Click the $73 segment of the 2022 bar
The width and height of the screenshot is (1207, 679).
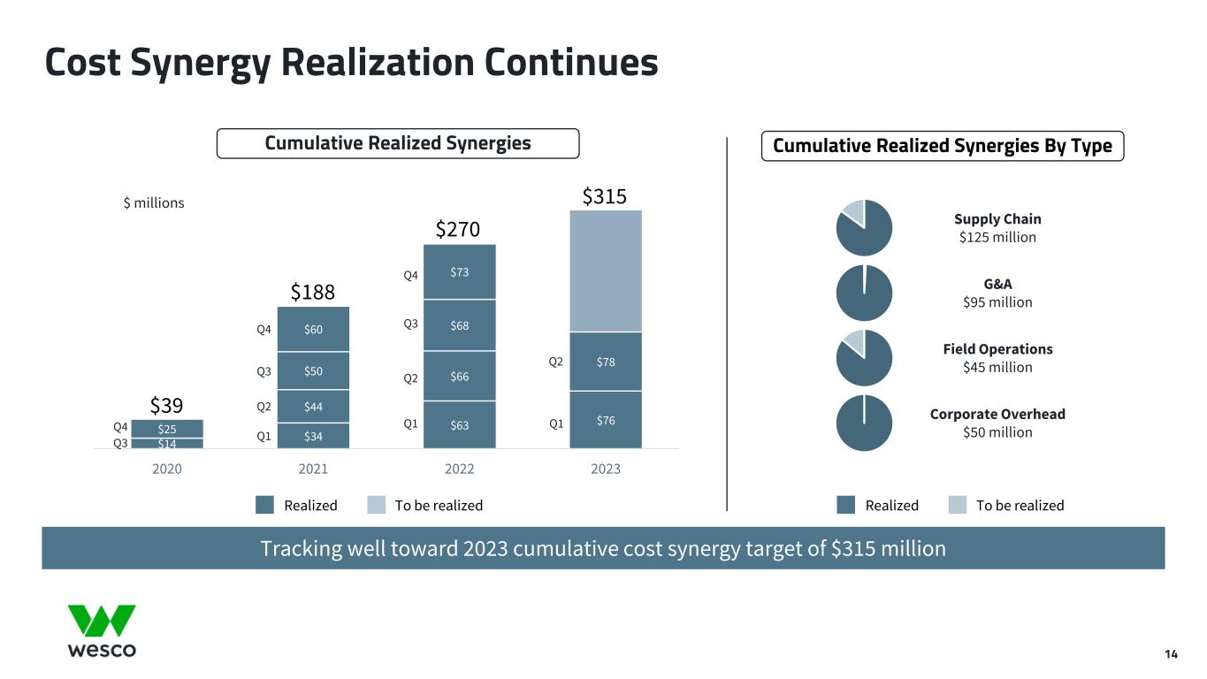(x=459, y=271)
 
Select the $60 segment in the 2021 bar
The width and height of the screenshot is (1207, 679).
(x=313, y=330)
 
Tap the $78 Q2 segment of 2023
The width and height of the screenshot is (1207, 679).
(x=606, y=361)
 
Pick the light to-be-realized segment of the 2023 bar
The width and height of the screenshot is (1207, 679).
(x=606, y=271)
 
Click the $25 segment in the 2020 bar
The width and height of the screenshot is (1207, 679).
(x=167, y=429)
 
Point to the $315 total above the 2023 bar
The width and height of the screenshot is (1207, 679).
(x=605, y=196)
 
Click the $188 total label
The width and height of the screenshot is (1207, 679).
(x=313, y=292)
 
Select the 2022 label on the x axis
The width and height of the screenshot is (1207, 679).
(x=459, y=469)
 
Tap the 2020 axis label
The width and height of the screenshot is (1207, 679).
(x=167, y=469)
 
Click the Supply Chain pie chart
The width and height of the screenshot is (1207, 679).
(x=864, y=228)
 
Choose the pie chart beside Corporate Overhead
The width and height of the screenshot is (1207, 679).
(x=864, y=423)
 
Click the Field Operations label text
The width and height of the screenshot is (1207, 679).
(x=997, y=349)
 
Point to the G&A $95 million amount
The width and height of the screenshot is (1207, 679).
(x=997, y=302)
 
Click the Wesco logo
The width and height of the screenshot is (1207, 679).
(x=103, y=630)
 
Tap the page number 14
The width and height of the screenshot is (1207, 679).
(x=1171, y=654)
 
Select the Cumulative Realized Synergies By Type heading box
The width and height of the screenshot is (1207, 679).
(x=943, y=145)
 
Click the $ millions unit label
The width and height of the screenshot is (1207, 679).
(x=153, y=203)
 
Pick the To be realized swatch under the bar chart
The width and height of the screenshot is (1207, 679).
(x=377, y=505)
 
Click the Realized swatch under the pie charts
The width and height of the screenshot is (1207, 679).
(x=846, y=505)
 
